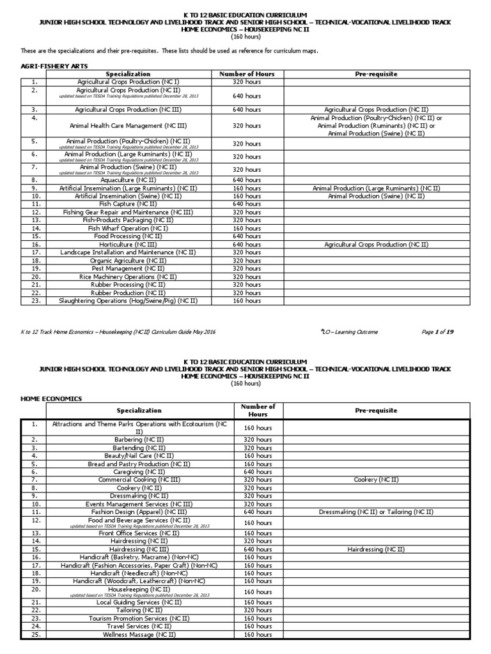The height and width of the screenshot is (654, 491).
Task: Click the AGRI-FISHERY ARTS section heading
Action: (x=50, y=66)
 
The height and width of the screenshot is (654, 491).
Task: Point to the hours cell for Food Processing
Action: (x=247, y=236)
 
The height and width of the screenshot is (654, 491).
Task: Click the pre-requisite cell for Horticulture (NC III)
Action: (x=376, y=245)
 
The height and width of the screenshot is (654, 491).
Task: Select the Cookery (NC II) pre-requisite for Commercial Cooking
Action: (x=376, y=480)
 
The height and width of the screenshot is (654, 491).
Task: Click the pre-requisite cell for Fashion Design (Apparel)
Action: (x=376, y=512)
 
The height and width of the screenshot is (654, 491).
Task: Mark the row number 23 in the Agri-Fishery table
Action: (x=35, y=300)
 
